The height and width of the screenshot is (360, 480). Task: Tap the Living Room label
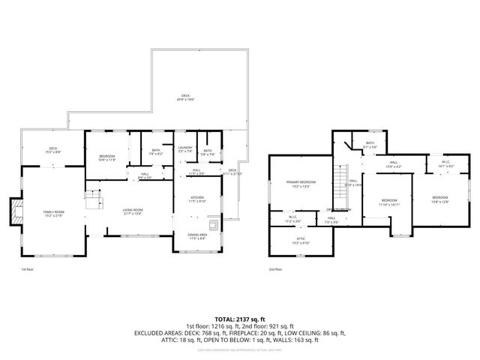click(x=133, y=209)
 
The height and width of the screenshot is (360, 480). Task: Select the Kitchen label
click(x=196, y=198)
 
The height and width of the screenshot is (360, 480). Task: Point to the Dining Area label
click(x=198, y=235)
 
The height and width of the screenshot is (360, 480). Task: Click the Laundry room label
click(x=185, y=148)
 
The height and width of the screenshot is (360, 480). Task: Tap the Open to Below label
click(x=339, y=208)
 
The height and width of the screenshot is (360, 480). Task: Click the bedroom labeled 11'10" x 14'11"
click(x=388, y=200)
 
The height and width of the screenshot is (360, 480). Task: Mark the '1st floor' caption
click(x=27, y=269)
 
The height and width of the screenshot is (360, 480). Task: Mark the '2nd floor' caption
click(x=275, y=269)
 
